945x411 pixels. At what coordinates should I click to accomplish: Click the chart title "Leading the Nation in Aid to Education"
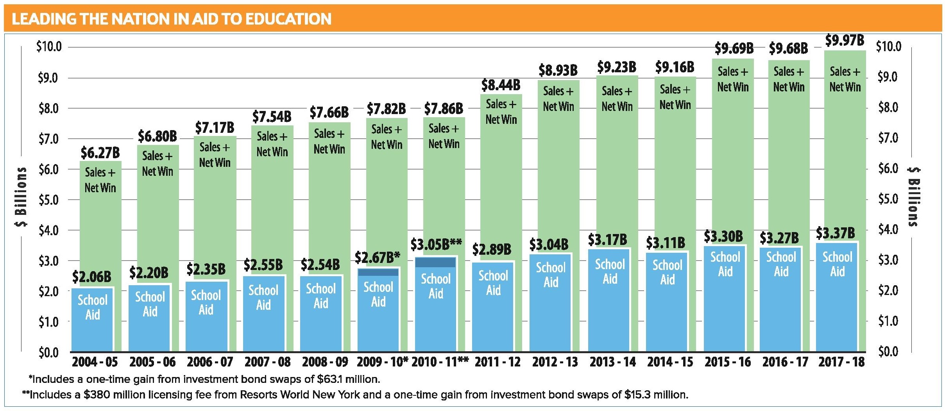172,19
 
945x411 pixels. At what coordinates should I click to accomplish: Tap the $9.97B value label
844,40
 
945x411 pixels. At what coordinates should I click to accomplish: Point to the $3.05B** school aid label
436,245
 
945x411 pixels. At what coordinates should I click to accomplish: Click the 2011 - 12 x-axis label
498,362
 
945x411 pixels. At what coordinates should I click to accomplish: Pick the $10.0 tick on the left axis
49,47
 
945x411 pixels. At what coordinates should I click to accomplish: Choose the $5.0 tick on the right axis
887,199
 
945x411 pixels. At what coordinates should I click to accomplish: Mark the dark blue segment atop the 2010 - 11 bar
435,262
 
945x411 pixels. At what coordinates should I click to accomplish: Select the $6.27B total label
100,153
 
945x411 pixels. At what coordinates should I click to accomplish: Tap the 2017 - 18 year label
841,362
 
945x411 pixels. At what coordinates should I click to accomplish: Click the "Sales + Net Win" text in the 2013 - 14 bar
617,98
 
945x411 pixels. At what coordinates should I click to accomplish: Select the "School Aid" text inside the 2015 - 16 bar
725,264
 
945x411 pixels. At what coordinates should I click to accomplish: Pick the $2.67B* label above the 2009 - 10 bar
377,258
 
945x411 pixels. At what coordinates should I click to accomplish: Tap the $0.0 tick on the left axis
49,353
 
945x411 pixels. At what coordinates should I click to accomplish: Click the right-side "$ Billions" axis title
914,197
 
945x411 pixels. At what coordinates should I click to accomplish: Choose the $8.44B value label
501,85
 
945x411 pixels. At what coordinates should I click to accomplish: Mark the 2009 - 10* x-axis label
382,362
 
